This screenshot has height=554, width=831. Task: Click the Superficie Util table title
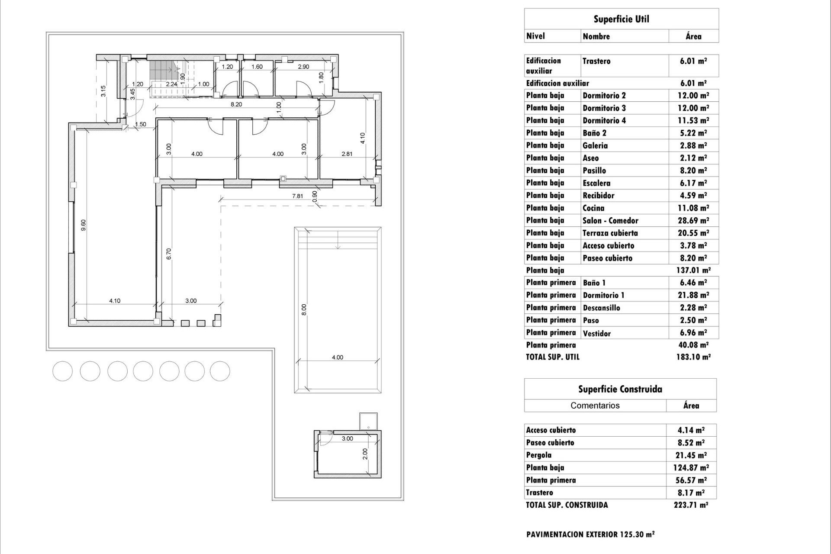tap(621, 19)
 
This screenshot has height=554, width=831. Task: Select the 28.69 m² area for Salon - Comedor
tap(693, 220)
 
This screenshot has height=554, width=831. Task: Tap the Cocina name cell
tap(593, 208)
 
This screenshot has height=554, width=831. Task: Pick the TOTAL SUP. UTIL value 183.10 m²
tap(693, 357)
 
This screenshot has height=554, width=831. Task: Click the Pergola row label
tap(538, 455)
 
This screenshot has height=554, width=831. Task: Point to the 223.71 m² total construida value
tap(691, 505)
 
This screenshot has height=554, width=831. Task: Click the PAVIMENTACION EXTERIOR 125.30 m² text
tap(590, 534)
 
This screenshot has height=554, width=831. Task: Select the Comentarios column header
tap(595, 406)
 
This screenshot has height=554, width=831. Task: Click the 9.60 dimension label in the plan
tap(84, 225)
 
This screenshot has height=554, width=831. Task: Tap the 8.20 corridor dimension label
tap(236, 104)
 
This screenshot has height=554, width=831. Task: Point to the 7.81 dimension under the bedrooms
tap(297, 196)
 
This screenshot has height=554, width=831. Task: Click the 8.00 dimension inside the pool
tap(304, 309)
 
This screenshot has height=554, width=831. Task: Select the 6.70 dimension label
tap(169, 254)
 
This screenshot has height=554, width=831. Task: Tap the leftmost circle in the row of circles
tap(63, 371)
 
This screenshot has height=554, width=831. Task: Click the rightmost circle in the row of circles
tap(220, 371)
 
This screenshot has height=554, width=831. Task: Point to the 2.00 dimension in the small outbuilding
tap(365, 454)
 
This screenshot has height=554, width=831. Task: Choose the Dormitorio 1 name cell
tap(603, 295)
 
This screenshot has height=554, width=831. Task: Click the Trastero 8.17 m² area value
tap(691, 493)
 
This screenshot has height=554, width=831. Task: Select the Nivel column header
tap(535, 36)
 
